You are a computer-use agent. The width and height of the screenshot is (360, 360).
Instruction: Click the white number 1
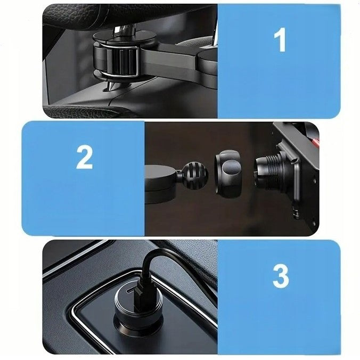pos(280,40)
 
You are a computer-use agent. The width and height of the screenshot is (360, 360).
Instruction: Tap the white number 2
pos(84,158)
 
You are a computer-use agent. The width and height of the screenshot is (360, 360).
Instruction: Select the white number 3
pos(281,276)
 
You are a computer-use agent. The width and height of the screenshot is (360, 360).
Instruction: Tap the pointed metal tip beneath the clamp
pos(110,86)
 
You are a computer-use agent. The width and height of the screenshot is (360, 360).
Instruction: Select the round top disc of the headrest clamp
pos(125,37)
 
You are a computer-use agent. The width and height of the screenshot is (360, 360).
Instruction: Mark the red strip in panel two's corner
pos(315,142)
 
